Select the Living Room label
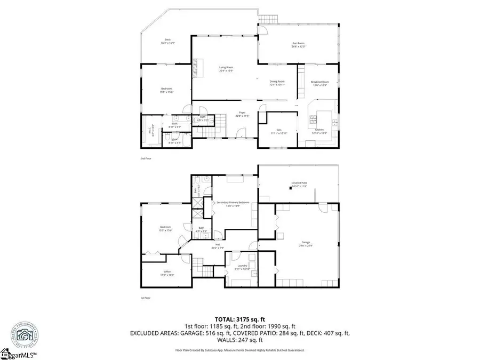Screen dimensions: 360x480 pyautogui.click(x=226, y=68)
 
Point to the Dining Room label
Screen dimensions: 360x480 pyautogui.click(x=277, y=82)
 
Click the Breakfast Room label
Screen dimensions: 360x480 pyautogui.click(x=318, y=83)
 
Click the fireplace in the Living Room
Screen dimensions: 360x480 pyautogui.click(x=195, y=68)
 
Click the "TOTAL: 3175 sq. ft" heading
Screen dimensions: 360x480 pyautogui.click(x=239, y=319)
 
